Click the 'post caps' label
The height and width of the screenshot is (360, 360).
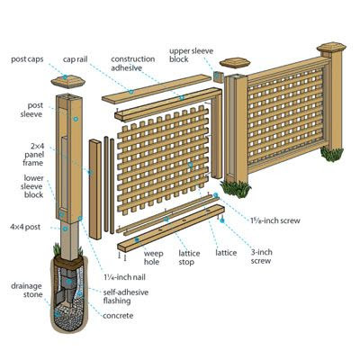(x=27, y=59)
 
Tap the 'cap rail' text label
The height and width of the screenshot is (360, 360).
(x=75, y=59)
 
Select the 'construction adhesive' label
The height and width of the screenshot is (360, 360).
(x=133, y=64)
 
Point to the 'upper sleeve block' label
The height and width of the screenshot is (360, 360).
(x=191, y=55)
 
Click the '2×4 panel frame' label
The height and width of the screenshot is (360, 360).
(x=33, y=155)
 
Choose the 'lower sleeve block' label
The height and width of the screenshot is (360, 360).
(x=33, y=186)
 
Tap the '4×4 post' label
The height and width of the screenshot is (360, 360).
(x=25, y=227)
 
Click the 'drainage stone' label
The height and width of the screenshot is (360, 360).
(x=27, y=291)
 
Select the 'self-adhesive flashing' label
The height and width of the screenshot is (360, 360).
(x=126, y=297)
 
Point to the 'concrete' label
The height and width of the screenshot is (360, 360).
(x=118, y=316)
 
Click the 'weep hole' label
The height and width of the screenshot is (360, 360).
(x=153, y=257)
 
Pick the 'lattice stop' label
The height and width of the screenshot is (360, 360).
(x=189, y=257)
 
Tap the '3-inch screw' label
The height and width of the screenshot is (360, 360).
(x=262, y=256)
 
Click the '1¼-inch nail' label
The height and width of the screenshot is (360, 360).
(x=124, y=277)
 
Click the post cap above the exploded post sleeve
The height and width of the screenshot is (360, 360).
(x=68, y=81)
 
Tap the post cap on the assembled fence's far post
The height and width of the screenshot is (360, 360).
(x=331, y=48)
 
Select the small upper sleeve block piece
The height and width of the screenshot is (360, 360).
(x=219, y=76)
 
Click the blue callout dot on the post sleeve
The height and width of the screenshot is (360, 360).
(x=76, y=119)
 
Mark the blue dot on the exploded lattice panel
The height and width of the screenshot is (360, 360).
(x=190, y=165)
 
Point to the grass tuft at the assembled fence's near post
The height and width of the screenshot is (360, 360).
(x=236, y=189)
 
